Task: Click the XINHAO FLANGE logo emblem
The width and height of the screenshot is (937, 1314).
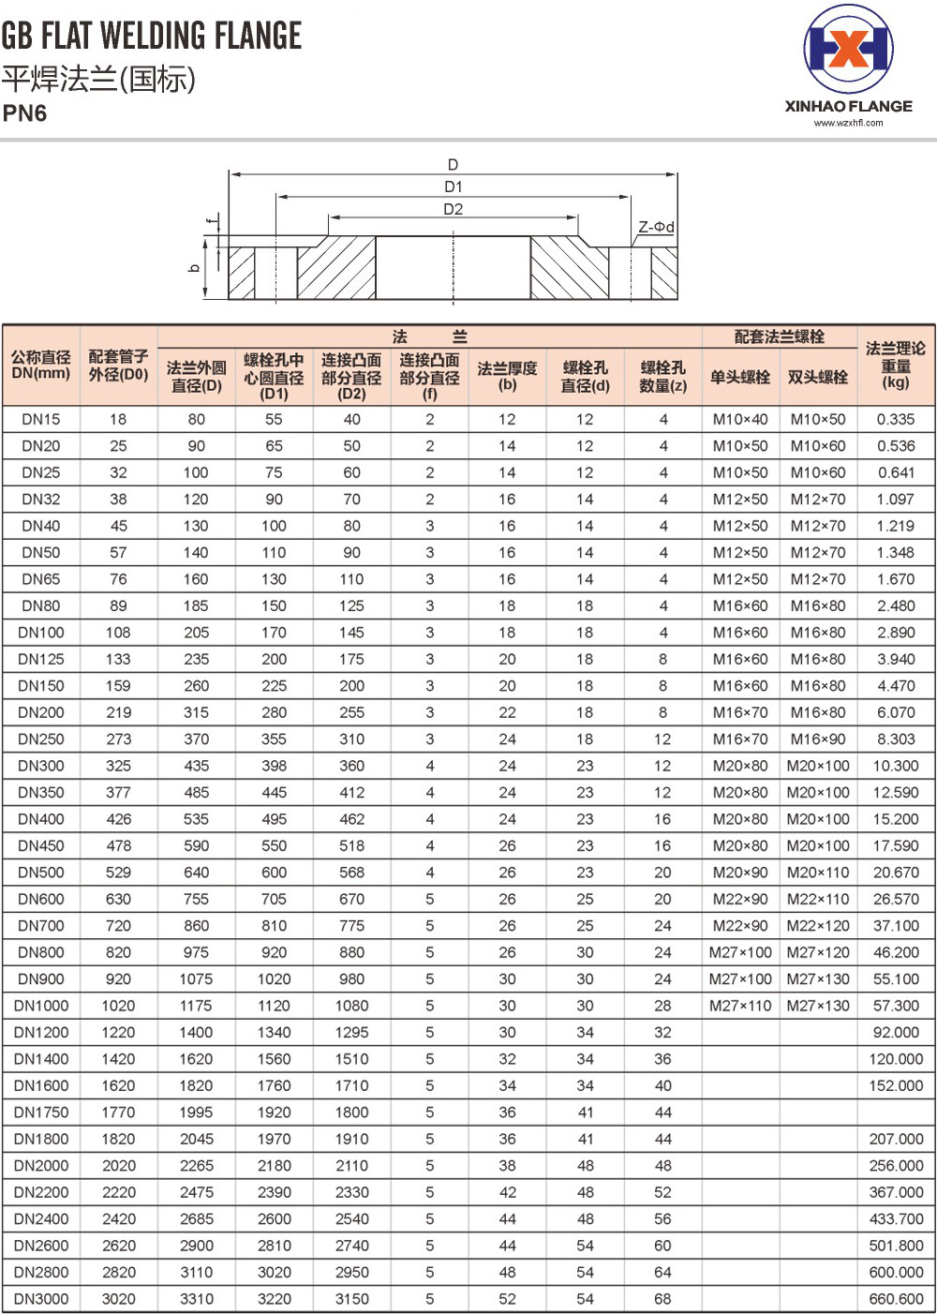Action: [848, 51]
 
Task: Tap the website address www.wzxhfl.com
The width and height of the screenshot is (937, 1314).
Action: [848, 123]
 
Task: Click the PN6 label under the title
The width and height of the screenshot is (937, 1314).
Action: [25, 113]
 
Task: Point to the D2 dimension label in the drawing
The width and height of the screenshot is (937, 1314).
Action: [454, 209]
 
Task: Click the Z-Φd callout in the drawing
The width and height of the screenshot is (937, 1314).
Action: [656, 227]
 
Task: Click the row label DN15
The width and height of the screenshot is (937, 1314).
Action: [41, 419]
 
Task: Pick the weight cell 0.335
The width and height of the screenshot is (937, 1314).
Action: [896, 419]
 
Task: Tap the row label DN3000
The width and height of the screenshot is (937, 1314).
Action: [41, 1299]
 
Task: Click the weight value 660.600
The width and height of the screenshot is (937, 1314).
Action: [896, 1299]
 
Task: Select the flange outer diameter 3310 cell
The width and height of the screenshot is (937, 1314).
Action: [197, 1299]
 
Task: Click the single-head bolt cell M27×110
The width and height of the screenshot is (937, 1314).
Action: [740, 1006]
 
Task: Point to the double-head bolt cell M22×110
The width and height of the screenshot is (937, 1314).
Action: [818, 899]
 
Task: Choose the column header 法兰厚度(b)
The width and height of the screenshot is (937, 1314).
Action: [507, 376]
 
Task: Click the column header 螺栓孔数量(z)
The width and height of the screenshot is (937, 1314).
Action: [662, 376]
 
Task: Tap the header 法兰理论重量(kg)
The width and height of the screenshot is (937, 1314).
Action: [896, 365]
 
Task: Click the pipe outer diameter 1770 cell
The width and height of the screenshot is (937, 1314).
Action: [119, 1112]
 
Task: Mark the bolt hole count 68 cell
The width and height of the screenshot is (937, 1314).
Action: [662, 1299]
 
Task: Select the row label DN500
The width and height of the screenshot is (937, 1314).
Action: [41, 873]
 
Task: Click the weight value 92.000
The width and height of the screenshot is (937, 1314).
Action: [896, 1033]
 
